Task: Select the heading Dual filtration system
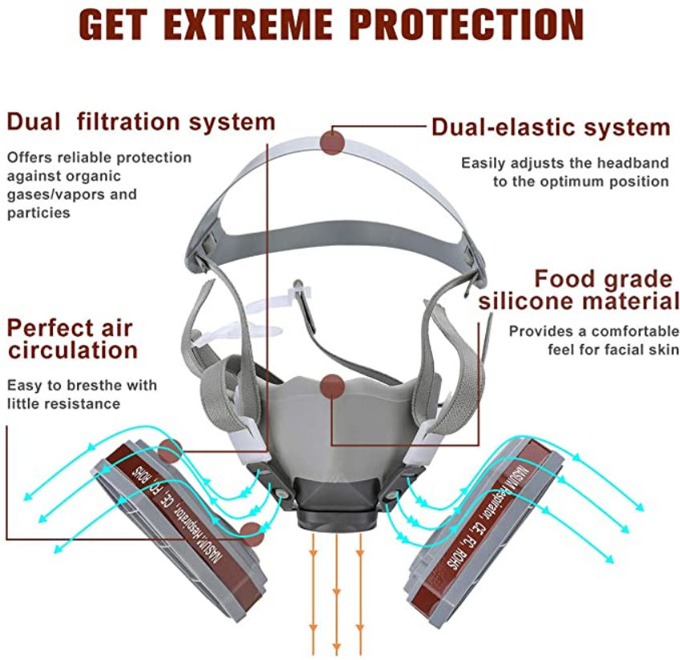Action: pos(141,122)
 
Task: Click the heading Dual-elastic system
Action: pos(551,128)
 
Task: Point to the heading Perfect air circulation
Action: pos(72,339)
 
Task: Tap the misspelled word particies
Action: pos(38,213)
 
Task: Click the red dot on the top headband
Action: pos(333,142)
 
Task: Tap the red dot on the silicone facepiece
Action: pos(333,387)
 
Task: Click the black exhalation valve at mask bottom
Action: pos(336,503)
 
